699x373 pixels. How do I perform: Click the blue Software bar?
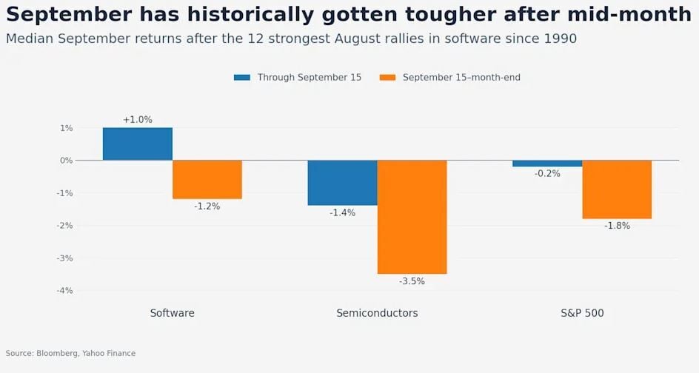[x=138, y=144]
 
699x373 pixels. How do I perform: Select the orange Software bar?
[x=207, y=180]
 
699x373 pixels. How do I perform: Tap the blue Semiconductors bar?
[x=342, y=183]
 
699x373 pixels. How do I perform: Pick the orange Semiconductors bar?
[x=412, y=217]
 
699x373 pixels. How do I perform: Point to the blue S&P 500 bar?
[x=547, y=164]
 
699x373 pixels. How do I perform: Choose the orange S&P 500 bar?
[x=617, y=189]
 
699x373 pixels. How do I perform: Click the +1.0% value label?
[x=138, y=119]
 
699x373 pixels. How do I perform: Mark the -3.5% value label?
[x=412, y=281]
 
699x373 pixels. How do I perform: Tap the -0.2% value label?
[x=547, y=174]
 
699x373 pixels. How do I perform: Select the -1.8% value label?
[x=617, y=226]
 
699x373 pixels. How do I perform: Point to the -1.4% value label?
[x=342, y=213]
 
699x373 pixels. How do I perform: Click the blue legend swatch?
[x=242, y=78]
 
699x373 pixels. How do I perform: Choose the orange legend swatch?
[x=387, y=78]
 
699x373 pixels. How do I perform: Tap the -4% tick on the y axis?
[x=64, y=291]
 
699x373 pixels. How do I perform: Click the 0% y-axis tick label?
[x=67, y=161]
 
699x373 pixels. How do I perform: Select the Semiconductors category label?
[x=377, y=313]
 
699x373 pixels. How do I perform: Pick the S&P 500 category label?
[x=582, y=313]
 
